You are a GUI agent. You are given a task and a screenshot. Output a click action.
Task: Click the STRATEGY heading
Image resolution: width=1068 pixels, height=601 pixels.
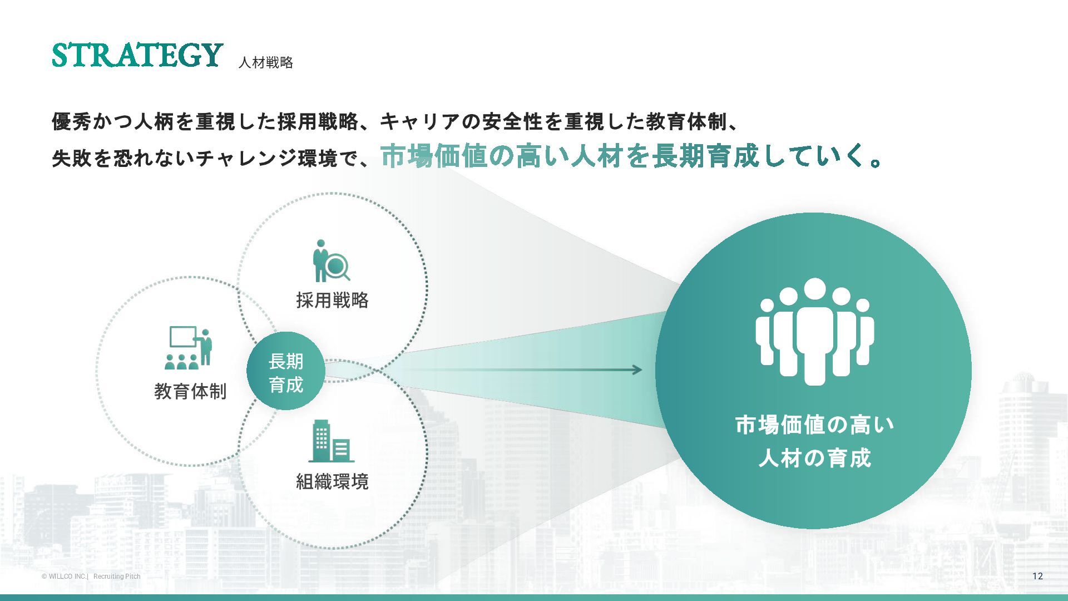137,55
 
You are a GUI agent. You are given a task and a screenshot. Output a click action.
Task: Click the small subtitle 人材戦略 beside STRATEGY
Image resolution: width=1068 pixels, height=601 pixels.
265,62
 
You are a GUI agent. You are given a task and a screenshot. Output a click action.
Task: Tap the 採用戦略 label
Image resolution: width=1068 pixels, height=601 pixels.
332,300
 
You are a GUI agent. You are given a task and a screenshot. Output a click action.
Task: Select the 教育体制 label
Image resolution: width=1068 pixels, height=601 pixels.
190,391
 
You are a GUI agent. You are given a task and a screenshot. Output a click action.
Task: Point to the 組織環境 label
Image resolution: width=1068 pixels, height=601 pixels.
332,481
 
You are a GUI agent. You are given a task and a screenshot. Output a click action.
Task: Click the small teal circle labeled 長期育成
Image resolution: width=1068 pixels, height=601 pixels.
286,372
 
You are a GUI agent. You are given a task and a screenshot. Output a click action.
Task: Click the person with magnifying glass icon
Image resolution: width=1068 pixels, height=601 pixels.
330,261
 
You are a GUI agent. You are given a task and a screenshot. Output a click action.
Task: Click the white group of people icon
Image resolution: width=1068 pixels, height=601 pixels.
814,332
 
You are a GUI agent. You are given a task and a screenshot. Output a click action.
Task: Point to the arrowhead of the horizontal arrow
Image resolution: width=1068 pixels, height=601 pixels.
637,370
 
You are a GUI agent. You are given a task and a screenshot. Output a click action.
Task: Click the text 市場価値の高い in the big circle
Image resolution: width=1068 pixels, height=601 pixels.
814,425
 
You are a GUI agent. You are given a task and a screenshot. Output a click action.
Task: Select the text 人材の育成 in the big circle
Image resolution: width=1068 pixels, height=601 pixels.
814,459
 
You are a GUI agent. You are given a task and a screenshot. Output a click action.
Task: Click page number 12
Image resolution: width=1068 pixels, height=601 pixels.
1037,576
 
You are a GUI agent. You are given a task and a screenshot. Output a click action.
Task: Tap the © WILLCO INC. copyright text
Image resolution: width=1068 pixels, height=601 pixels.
64,577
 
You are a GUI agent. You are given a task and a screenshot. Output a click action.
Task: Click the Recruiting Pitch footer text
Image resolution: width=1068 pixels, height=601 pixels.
117,577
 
